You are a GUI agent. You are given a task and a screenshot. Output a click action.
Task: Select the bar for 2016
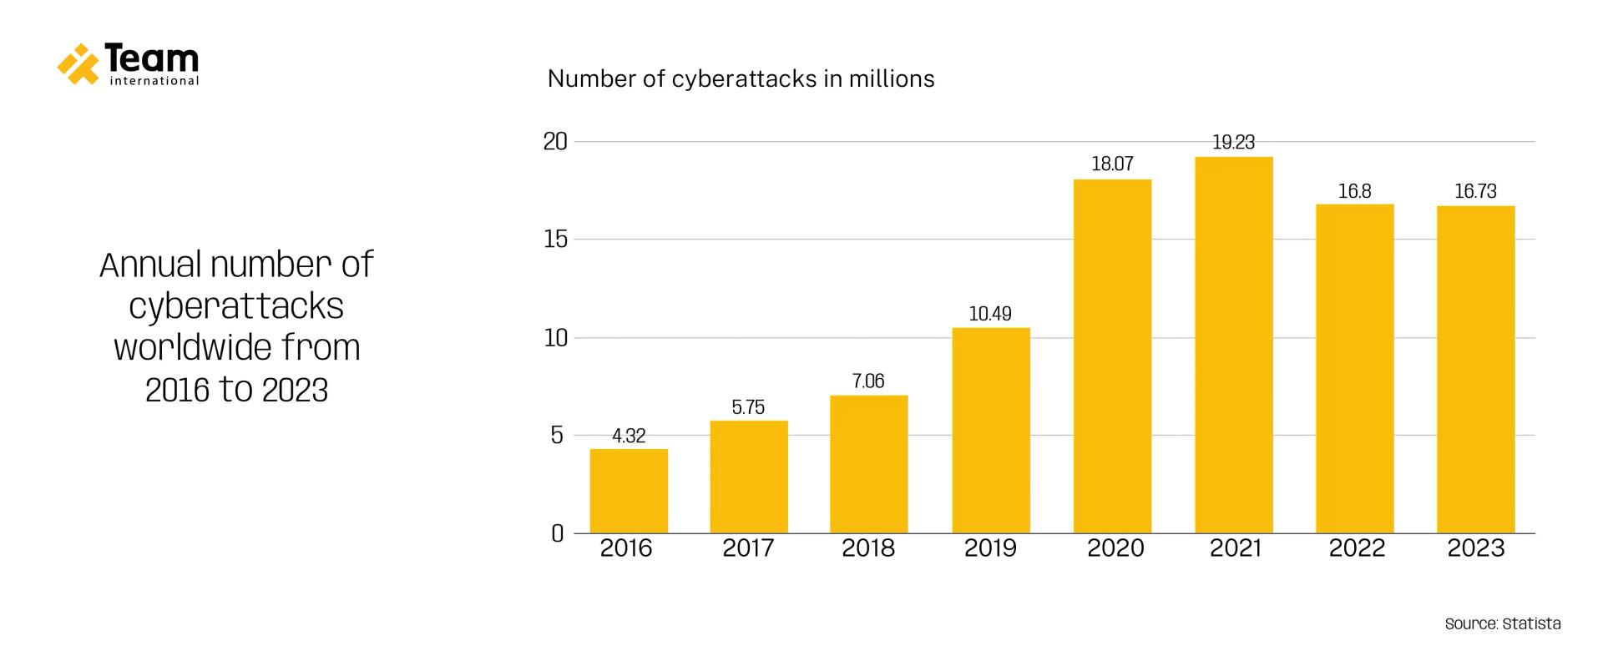click(629, 491)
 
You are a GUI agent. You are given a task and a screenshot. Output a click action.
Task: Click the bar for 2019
click(991, 430)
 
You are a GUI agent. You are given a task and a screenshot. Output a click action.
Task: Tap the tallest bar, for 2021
click(1233, 345)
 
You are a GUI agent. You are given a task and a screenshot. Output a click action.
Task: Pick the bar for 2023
click(1475, 369)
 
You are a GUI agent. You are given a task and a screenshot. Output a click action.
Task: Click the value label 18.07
click(1112, 164)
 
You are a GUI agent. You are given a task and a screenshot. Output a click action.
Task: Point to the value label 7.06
click(868, 381)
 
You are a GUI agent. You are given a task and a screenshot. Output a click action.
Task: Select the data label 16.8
click(1354, 191)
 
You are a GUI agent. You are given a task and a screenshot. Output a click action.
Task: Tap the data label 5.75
click(748, 407)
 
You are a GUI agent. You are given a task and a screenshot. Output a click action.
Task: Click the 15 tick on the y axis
click(555, 240)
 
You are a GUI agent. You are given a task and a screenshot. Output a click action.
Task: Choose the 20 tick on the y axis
click(555, 142)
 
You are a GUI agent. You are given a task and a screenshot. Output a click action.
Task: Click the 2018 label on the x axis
click(868, 548)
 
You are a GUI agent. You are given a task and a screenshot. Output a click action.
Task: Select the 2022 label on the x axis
click(1357, 548)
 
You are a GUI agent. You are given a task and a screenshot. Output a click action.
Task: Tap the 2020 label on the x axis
click(1115, 548)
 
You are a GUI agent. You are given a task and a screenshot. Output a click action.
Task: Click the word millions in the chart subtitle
click(892, 79)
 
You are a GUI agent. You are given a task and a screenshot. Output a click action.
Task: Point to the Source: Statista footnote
click(1502, 623)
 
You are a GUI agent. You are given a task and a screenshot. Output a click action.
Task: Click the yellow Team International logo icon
click(78, 63)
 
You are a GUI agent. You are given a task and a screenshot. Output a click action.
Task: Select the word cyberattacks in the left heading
click(236, 306)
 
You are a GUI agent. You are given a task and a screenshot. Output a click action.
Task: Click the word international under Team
click(154, 82)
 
